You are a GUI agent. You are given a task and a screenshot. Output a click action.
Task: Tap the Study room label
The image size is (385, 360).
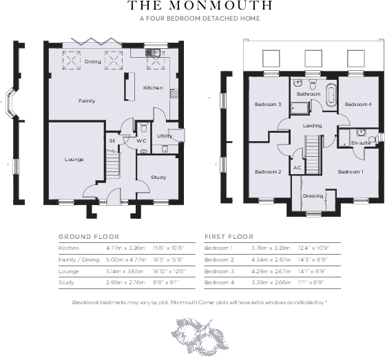pos(158,177)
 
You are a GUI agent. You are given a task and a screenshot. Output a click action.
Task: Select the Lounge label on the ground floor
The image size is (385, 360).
pos(74,159)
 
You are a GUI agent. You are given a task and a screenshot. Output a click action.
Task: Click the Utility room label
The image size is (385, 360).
pos(165,136)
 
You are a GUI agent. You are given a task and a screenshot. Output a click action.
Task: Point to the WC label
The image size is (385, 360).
pos(142,140)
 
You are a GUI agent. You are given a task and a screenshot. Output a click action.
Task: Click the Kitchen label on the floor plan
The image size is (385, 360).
pos(152,88)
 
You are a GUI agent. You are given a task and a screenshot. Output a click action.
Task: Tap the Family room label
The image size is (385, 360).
pos(87,101)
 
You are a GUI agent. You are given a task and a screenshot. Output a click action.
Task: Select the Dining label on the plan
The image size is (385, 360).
pos(92,62)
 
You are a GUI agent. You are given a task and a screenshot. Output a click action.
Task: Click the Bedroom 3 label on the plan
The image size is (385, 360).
pos(268,104)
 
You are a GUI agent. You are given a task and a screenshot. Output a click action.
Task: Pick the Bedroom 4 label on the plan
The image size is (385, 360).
pos(358,104)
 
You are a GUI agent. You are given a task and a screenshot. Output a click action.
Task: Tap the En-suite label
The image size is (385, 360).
pos(360,142)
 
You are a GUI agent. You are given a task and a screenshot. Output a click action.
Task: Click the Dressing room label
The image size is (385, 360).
pos(313,196)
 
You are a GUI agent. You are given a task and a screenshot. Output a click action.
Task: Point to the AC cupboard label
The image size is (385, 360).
pos(297,168)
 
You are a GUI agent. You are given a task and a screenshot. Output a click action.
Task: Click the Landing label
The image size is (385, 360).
pos(312,125)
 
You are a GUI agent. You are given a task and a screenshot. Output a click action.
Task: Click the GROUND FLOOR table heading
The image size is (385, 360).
pos(83,236)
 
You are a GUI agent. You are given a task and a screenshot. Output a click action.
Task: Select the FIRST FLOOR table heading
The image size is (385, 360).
pos(229,236)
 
